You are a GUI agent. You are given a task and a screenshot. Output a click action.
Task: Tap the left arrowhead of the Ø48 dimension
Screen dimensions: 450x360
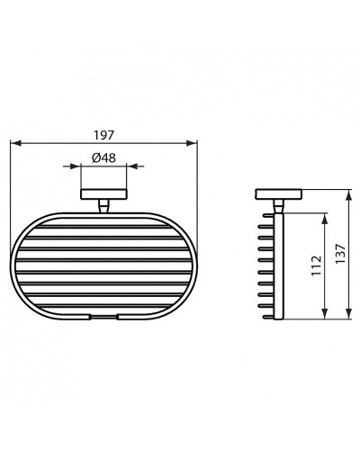(x=83, y=166)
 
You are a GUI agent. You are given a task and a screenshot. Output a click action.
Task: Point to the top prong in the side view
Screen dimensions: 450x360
(x=268, y=217)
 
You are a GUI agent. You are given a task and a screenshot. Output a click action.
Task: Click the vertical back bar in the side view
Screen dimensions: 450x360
(x=282, y=265)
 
